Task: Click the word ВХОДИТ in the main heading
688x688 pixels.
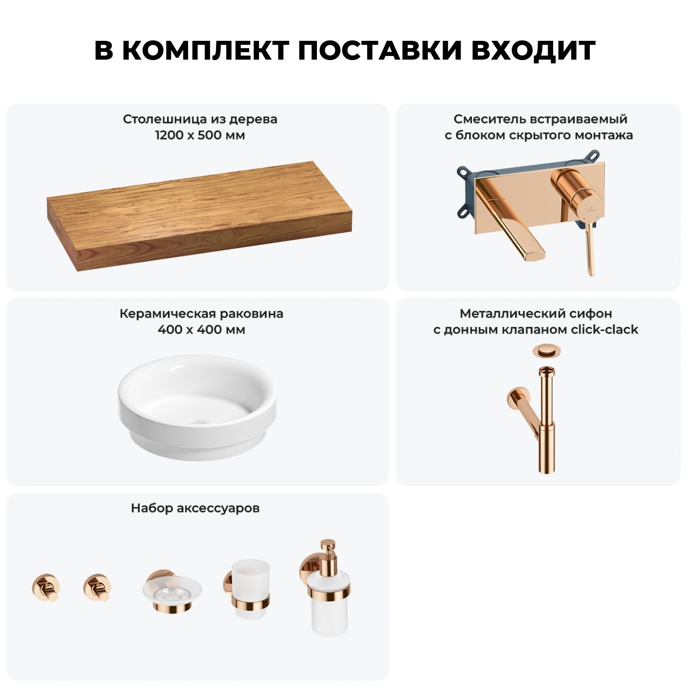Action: coord(533,50)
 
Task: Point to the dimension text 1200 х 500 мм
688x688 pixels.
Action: coord(200,135)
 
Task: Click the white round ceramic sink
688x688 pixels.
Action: coord(197,406)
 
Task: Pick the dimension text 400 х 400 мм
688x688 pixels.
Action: coord(201,330)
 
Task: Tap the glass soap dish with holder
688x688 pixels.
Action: coord(172,592)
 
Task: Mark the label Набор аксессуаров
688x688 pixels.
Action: coord(195,508)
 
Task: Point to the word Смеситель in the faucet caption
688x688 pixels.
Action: coord(490,119)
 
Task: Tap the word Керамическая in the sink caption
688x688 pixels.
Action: coord(168,314)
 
